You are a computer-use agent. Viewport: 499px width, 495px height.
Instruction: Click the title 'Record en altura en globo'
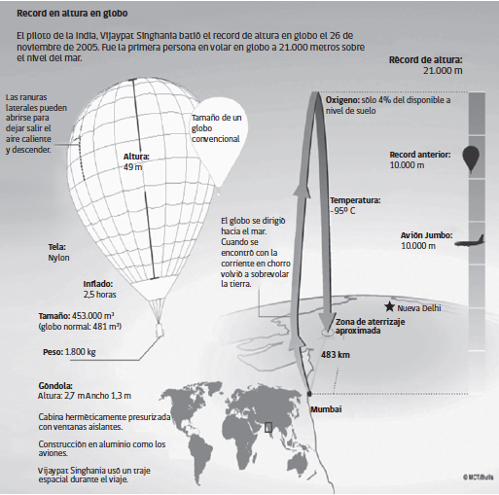coord(72,14)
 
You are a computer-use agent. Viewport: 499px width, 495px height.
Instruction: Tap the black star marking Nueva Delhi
coord(389,306)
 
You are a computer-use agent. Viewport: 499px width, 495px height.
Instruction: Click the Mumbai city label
coord(326,409)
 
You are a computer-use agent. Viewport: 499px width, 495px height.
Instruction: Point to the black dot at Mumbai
coord(309,394)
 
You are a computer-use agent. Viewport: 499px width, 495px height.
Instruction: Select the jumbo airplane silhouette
coord(469,241)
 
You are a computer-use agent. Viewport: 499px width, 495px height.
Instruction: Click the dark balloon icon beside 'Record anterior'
coord(471,159)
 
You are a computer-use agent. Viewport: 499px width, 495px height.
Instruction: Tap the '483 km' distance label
coord(336,355)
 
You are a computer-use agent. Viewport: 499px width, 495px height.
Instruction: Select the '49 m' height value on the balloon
coord(132,167)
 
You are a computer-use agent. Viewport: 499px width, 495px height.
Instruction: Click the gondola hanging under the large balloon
coord(160,330)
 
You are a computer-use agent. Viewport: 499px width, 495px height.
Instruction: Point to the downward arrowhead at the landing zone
coord(327,322)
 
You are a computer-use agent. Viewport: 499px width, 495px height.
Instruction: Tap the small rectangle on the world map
coord(268,427)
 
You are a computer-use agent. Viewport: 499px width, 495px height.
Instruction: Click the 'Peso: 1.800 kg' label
coord(69,352)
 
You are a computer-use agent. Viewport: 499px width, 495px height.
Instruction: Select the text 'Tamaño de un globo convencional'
coord(216,128)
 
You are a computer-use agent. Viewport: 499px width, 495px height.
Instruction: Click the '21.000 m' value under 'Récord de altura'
coord(443,71)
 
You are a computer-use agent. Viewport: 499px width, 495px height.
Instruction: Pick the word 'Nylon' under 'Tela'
coord(58,258)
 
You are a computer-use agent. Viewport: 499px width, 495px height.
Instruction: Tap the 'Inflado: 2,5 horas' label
coord(99,289)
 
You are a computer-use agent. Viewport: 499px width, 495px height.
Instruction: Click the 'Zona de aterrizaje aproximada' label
coord(370,326)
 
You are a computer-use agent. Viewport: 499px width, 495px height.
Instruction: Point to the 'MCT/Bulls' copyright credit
coord(479,477)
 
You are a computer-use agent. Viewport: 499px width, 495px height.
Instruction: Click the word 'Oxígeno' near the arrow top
coord(342,100)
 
